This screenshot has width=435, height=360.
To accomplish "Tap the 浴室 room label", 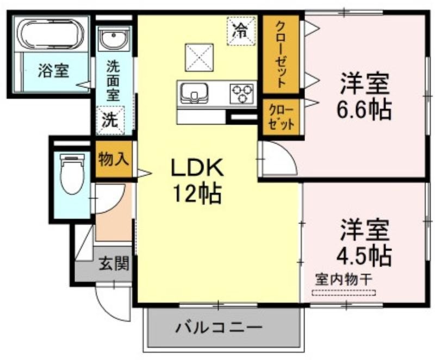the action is tap(53, 71).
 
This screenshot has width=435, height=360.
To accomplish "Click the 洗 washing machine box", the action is tap(111, 120).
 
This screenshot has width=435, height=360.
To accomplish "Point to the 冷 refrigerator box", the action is tap(241, 30).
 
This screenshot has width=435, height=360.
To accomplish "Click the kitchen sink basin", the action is tap(194, 93).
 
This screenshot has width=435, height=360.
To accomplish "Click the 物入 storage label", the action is tap(114, 159).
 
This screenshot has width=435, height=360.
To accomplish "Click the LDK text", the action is tap(197, 167).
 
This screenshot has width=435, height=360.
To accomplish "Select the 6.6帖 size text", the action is tap(364, 109).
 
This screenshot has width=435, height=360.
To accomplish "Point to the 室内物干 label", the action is tap(344, 280).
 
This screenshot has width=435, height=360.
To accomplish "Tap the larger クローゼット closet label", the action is tap(281, 54).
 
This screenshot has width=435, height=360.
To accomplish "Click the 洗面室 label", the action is tap(113, 80).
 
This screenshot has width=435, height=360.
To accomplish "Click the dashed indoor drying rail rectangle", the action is tap(344, 293).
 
